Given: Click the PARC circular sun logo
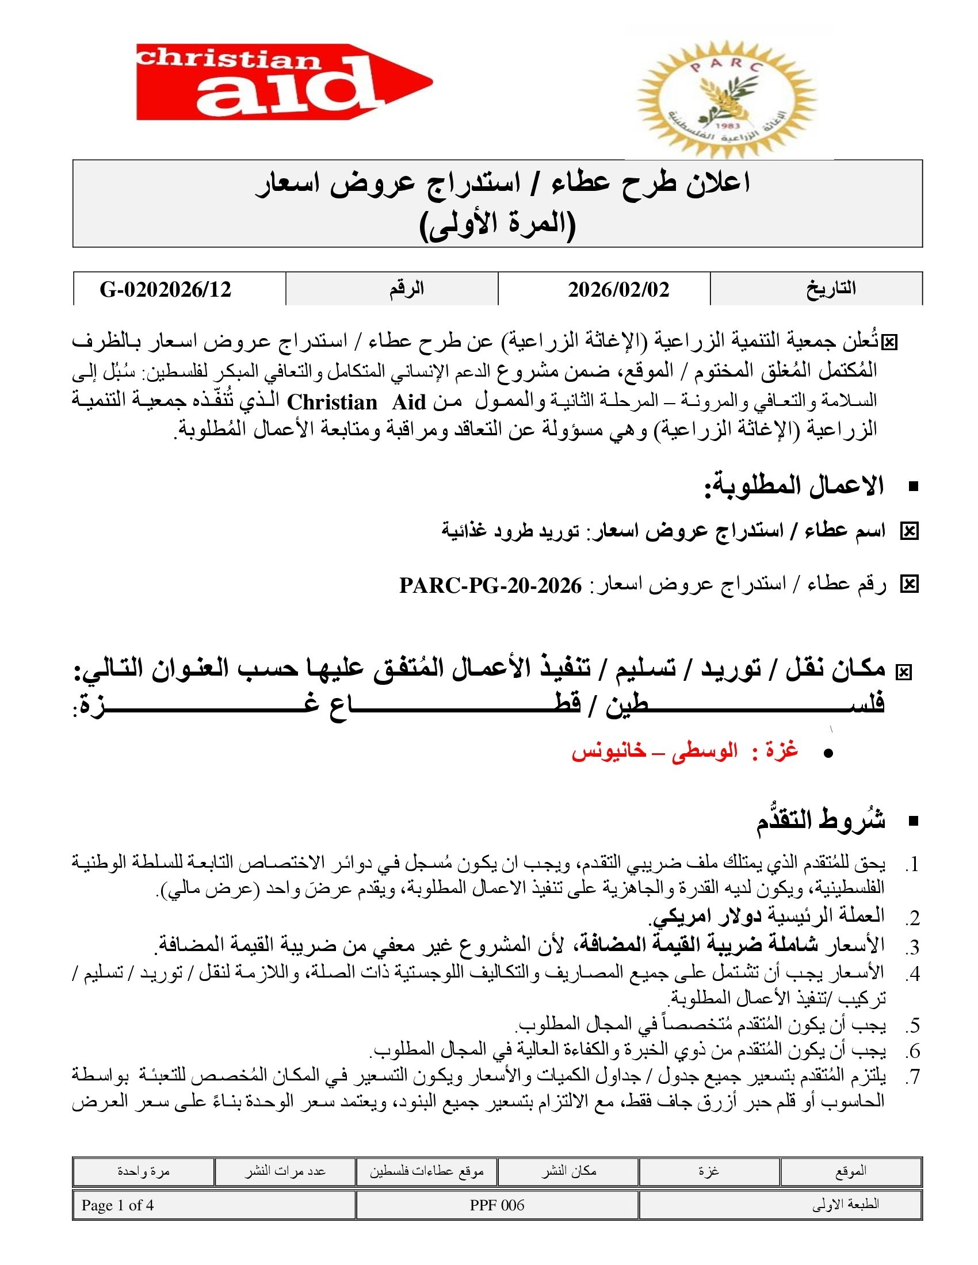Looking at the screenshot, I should (x=727, y=97).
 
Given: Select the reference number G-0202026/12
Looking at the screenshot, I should (x=166, y=289).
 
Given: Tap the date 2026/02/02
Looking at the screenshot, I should (x=618, y=289).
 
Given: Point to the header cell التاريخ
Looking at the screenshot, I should (x=831, y=289).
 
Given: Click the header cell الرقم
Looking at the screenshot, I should (x=406, y=289).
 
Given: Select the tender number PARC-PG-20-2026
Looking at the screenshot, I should (x=491, y=586).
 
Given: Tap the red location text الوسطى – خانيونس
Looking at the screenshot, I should (x=655, y=752).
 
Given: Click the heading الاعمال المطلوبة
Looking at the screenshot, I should (x=794, y=485).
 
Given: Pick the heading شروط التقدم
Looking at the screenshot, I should (x=820, y=821).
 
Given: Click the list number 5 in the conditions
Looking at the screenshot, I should (x=913, y=1026).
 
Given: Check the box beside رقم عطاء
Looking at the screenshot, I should (x=909, y=585).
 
